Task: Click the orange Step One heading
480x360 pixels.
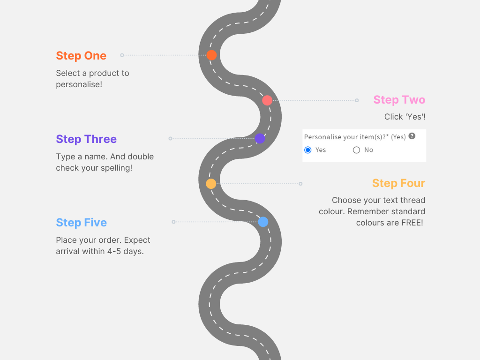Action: (x=81, y=56)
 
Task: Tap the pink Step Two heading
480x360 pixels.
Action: (x=399, y=100)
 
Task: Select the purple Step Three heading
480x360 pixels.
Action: (x=86, y=139)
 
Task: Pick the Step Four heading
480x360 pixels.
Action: (x=398, y=183)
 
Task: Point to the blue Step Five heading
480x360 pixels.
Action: (x=81, y=223)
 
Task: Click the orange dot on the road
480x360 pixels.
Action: (x=211, y=55)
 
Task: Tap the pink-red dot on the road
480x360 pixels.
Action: (x=267, y=100)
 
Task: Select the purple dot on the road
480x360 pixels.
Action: (x=260, y=139)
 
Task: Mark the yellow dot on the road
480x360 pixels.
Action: (x=211, y=184)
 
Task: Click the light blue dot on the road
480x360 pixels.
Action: (x=263, y=222)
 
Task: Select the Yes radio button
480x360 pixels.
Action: (x=308, y=150)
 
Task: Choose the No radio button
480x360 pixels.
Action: (x=356, y=150)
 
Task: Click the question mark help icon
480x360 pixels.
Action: (x=412, y=136)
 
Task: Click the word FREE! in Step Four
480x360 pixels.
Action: (x=412, y=223)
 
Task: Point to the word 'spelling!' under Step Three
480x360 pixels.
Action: (x=116, y=168)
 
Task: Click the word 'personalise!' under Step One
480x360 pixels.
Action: (x=79, y=84)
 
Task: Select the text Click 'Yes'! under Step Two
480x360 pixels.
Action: (x=405, y=117)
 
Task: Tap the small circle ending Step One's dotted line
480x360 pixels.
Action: (x=122, y=55)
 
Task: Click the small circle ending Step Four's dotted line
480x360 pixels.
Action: (x=300, y=184)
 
